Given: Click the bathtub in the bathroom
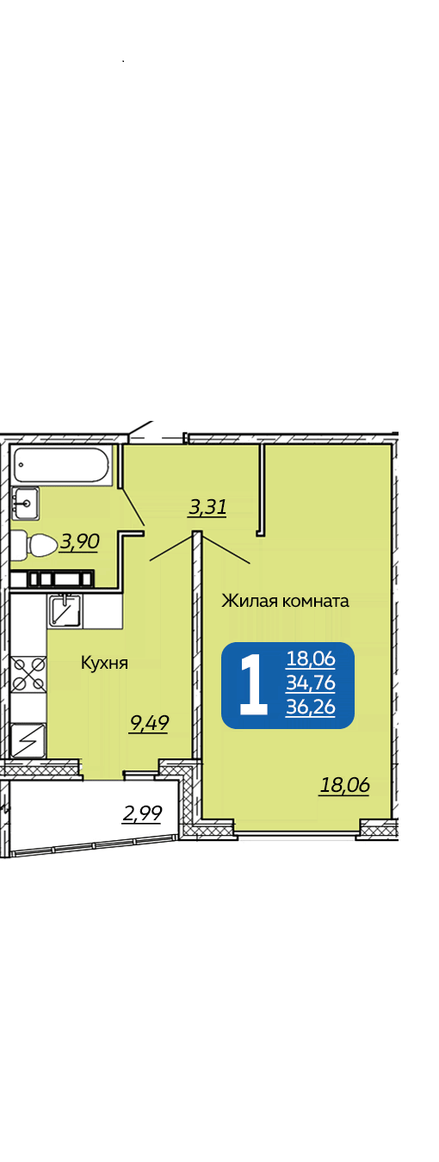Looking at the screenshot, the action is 62,465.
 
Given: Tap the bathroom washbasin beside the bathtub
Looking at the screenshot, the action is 26,503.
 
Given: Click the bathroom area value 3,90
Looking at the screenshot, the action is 79,541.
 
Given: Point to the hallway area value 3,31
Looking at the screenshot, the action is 207,507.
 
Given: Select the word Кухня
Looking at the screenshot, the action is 104,663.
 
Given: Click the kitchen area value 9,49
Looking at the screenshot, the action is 149,723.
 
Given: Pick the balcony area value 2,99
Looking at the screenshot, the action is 142,813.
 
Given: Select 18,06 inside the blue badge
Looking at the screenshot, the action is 311,658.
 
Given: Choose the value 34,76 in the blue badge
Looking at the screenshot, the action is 311,683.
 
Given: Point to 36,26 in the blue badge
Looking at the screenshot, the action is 311,707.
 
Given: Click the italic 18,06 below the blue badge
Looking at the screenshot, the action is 344,785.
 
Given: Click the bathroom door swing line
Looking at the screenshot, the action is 133,506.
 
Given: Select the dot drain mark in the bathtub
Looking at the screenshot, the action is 21,465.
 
